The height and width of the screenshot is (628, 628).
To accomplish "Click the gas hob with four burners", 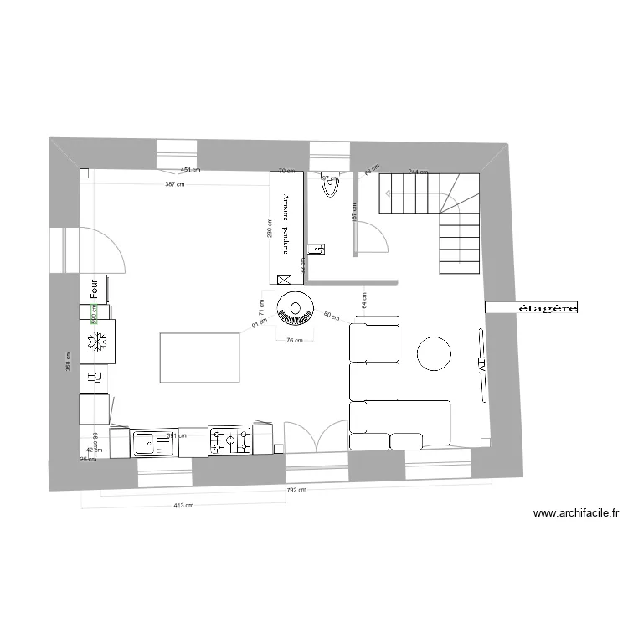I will [230, 441].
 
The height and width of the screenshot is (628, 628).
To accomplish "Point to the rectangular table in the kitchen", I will [198, 358].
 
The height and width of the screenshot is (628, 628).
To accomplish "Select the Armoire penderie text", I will [286, 223].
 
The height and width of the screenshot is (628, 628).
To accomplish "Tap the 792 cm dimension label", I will [296, 491].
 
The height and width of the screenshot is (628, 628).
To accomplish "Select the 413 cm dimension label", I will [183, 505].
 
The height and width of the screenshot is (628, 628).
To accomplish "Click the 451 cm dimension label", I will [191, 170].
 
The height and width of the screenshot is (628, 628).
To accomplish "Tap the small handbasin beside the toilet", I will [315, 248].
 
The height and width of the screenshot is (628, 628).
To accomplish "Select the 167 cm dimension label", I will [354, 217].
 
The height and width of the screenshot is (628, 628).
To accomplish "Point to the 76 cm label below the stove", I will [294, 340].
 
